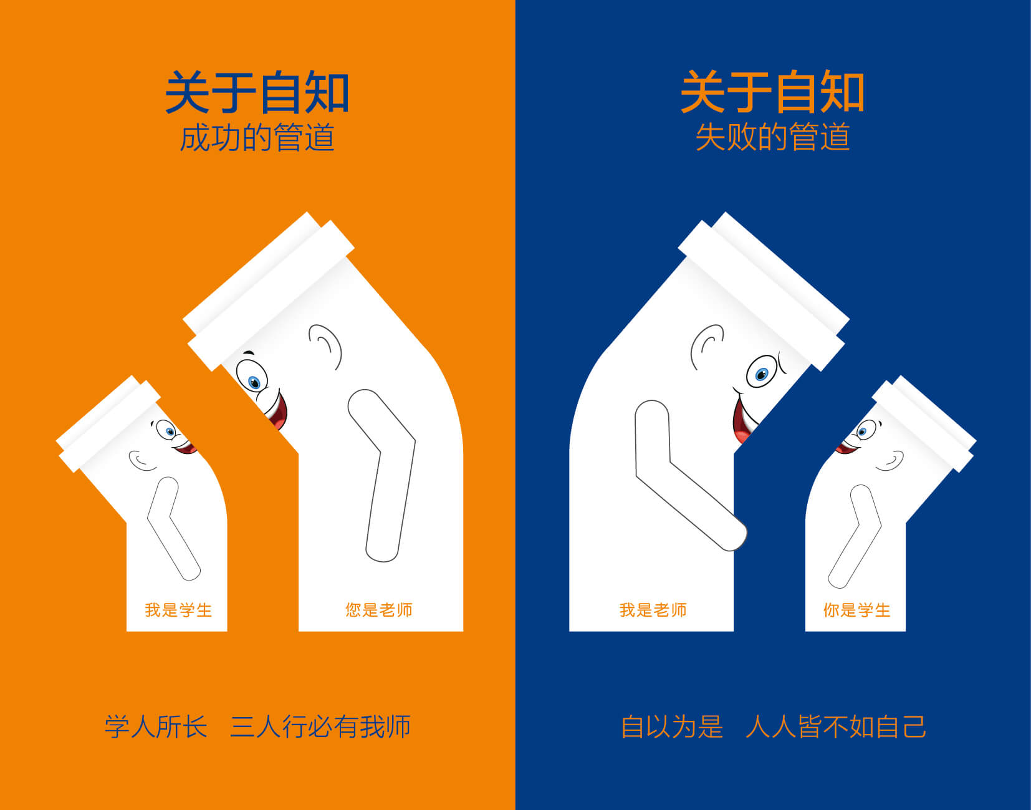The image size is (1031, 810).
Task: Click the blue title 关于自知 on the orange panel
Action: pyautogui.click(x=256, y=92)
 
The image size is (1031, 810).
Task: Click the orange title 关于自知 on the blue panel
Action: pyautogui.click(x=772, y=92)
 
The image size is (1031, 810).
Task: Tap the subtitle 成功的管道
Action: pyautogui.click(x=256, y=138)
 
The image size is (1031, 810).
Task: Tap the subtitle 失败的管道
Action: pyautogui.click(x=772, y=138)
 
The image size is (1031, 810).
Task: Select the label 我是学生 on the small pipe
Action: pyautogui.click(x=178, y=610)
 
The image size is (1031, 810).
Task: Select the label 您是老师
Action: pyautogui.click(x=379, y=610)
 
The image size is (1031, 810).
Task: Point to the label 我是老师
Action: pyautogui.click(x=653, y=610)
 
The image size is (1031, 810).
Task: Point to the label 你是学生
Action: pyautogui.click(x=856, y=610)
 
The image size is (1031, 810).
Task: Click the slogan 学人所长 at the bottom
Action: pyautogui.click(x=155, y=727)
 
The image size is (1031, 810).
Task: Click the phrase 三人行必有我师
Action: pyautogui.click(x=320, y=727)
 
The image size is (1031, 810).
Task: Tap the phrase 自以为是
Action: pyautogui.click(x=672, y=727)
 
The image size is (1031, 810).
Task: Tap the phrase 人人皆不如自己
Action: pyautogui.click(x=835, y=727)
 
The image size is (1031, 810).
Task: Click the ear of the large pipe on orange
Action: pyautogui.click(x=325, y=345)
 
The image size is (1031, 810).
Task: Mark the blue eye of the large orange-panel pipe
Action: pyautogui.click(x=253, y=381)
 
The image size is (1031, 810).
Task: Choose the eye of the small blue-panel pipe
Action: pyautogui.click(x=863, y=431)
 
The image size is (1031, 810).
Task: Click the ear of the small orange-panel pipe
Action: pyautogui.click(x=141, y=460)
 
